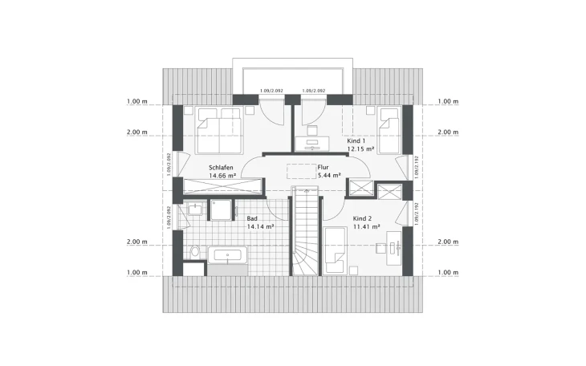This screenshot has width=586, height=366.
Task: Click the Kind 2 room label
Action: [x=363, y=218]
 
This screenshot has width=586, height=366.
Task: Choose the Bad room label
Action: [x=253, y=218]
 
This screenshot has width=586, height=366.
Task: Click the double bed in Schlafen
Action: [x=219, y=129]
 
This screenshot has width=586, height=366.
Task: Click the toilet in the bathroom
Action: [x=193, y=251]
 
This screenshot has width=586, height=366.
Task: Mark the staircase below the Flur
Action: [x=305, y=233]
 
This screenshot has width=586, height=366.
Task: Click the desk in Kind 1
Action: [x=312, y=144]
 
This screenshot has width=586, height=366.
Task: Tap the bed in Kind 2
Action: [x=336, y=250]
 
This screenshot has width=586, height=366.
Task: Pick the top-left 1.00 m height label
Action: [x=137, y=102]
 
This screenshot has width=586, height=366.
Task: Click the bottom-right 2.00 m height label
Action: [x=447, y=242]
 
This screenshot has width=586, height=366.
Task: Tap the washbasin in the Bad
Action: [x=193, y=209]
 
